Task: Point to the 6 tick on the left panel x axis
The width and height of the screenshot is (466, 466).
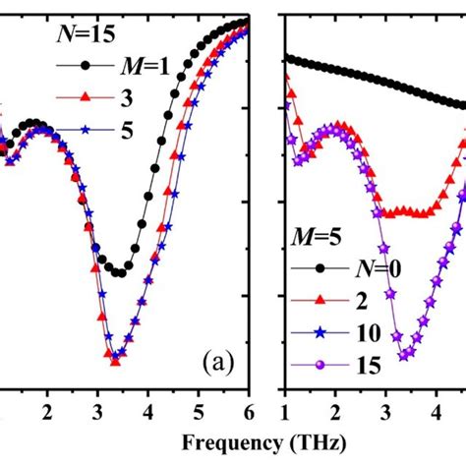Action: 249,410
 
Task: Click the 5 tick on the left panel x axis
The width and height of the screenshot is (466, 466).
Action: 199,410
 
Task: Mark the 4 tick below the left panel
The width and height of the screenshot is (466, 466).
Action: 148,410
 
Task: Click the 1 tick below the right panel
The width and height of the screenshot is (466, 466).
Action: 284,410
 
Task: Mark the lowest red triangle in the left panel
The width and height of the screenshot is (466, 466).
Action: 116,362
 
